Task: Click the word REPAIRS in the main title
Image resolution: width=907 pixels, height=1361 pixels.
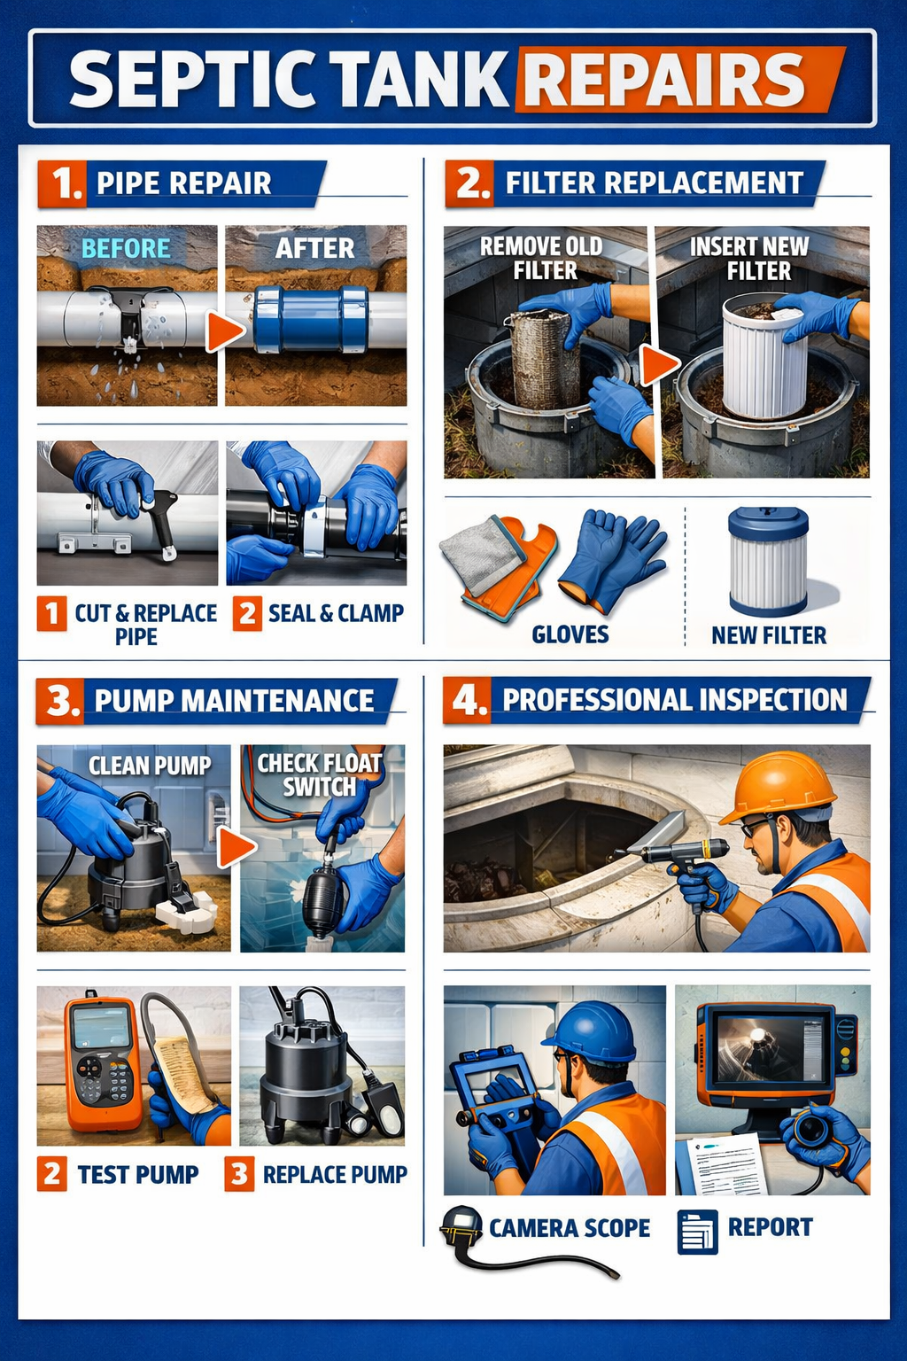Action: [x=664, y=79]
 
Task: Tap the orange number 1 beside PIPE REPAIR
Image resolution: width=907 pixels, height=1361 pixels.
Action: [x=63, y=183]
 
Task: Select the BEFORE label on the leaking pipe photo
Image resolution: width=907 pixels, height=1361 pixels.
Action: [x=126, y=248]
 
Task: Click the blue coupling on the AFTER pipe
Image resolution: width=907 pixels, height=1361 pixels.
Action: [x=310, y=319]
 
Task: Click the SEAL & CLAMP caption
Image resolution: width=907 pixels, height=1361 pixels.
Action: [x=335, y=613]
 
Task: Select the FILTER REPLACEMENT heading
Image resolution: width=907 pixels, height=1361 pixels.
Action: [x=654, y=183]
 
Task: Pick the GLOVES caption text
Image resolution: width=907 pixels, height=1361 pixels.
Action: [x=570, y=634]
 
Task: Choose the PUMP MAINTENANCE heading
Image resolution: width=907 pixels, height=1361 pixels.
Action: [x=234, y=701]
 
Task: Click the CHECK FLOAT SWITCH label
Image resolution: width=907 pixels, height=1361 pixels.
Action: [x=319, y=774]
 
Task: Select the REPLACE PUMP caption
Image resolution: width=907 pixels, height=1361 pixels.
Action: [x=335, y=1174]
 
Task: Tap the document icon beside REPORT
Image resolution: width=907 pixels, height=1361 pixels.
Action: [x=697, y=1232]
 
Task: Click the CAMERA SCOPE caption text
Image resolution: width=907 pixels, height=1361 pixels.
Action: [x=569, y=1228]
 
